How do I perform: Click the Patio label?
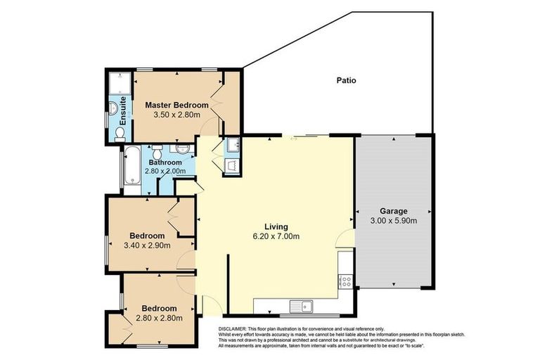pyautogui.click(x=345, y=80)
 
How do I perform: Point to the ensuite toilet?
pyautogui.click(x=120, y=132)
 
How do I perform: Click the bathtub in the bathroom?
pyautogui.click(x=133, y=169)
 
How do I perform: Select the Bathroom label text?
pyautogui.click(x=165, y=162)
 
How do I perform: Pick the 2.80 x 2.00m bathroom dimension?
pyautogui.click(x=165, y=171)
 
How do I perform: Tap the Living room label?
pyautogui.click(x=276, y=226)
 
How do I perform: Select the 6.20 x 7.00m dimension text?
pyautogui.click(x=276, y=236)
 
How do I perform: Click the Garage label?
pyautogui.click(x=394, y=211)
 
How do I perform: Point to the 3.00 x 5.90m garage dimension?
pyautogui.click(x=394, y=221)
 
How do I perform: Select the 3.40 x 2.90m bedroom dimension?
pyautogui.click(x=148, y=245)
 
